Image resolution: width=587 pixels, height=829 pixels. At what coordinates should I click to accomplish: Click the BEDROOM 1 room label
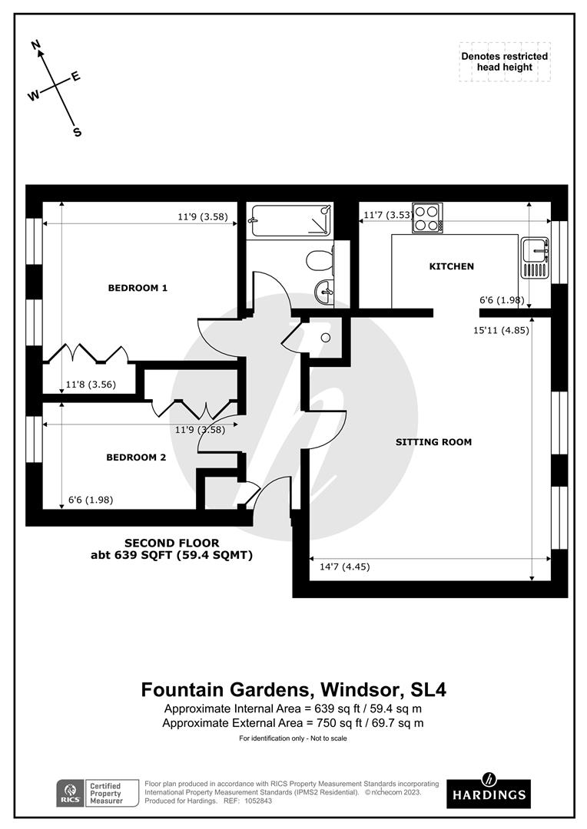(x=138, y=288)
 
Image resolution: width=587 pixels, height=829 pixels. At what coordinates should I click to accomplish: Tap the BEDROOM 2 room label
(x=136, y=457)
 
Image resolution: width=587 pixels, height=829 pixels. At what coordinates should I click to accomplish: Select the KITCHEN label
(x=451, y=266)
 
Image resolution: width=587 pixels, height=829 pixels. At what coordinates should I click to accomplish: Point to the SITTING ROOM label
(x=433, y=442)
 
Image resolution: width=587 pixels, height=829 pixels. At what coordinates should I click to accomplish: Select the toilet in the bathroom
(x=319, y=262)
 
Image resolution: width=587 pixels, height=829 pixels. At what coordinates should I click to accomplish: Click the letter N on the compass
(x=35, y=46)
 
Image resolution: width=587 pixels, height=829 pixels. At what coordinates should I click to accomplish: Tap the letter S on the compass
(x=77, y=132)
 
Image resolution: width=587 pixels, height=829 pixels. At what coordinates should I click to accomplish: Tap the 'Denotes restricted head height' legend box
(x=504, y=61)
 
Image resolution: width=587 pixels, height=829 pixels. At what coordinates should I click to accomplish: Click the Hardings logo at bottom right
(x=486, y=789)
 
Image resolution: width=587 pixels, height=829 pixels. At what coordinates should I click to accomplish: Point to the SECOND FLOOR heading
(x=172, y=542)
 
